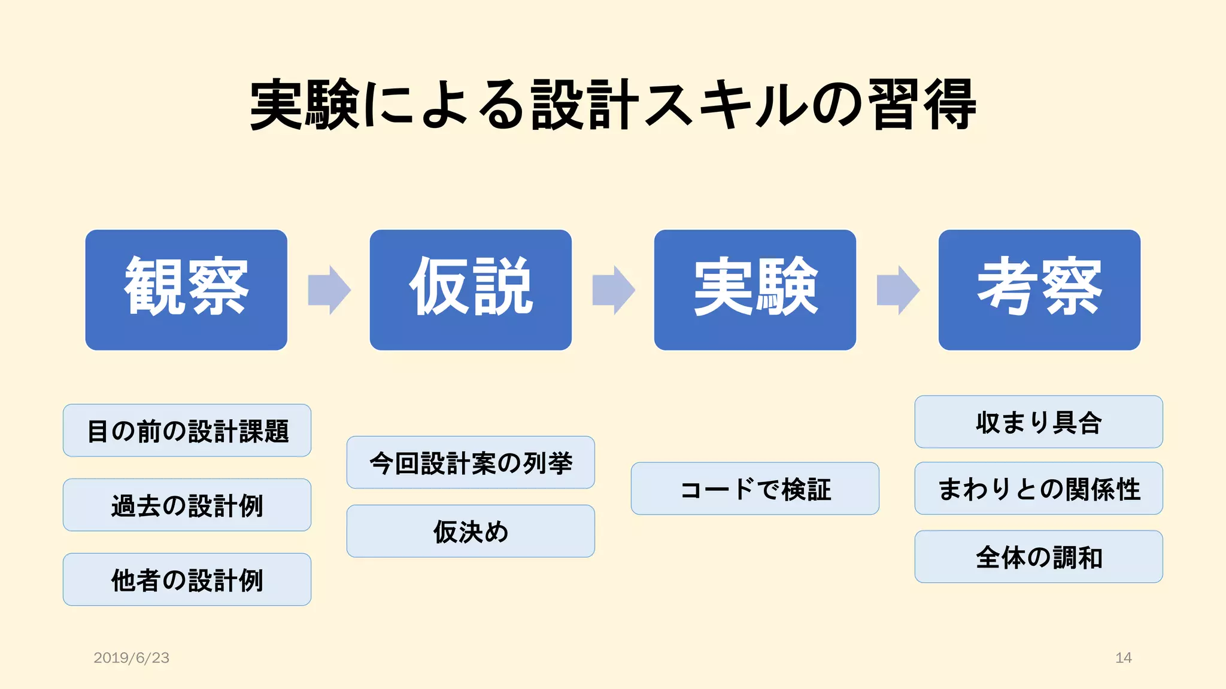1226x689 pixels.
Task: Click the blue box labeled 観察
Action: tap(186, 289)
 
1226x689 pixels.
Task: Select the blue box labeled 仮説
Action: tap(471, 289)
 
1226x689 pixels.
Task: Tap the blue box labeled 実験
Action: tap(755, 289)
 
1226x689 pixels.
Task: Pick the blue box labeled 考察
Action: tap(1039, 289)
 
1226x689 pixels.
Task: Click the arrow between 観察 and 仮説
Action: tap(329, 290)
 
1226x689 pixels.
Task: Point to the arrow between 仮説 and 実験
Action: tap(613, 290)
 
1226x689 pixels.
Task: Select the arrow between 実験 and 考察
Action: tap(897, 290)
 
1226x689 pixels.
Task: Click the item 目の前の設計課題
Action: tap(187, 431)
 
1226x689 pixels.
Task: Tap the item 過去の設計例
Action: tap(187, 505)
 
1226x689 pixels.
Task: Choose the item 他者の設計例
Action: tap(187, 580)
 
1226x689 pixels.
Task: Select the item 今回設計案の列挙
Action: tap(471, 462)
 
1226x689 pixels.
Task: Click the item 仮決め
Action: tap(471, 531)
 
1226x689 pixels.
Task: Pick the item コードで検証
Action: tap(755, 489)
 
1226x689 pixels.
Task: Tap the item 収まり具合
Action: tap(1039, 422)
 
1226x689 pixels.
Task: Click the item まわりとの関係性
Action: tap(1039, 489)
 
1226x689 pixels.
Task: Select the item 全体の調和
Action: tap(1039, 557)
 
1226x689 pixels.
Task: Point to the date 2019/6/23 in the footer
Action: tap(131, 658)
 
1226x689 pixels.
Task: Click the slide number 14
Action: tap(1123, 658)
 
